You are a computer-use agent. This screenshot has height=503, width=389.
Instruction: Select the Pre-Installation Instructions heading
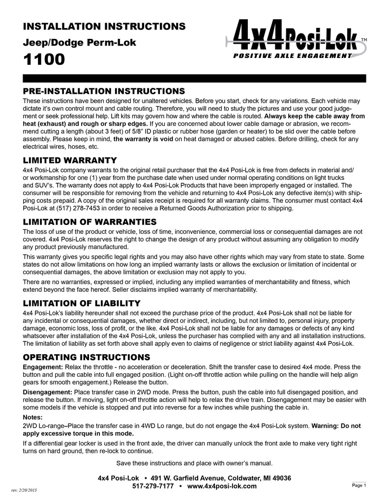(x=104, y=91)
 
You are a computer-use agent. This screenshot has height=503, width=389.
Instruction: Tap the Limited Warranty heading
(x=70, y=160)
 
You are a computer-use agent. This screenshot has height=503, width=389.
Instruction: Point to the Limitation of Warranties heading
(x=90, y=222)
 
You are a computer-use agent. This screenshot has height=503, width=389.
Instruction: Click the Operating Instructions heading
(x=87, y=356)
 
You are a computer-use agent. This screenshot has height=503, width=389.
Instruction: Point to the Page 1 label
(x=359, y=485)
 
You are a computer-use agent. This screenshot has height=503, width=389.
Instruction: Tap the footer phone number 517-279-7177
(x=153, y=486)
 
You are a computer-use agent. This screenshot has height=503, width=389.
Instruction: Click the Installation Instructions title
(x=104, y=26)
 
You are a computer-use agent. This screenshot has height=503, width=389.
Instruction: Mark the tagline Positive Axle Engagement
(x=293, y=56)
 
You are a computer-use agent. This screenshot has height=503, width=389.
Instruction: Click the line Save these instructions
(x=194, y=463)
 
